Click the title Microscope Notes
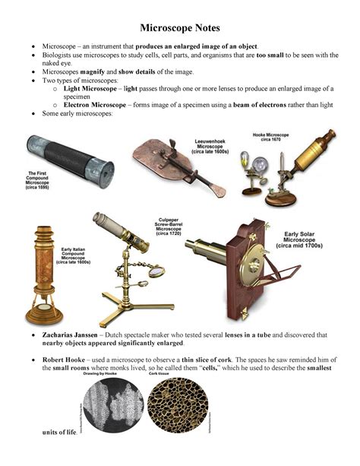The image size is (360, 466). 180,28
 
